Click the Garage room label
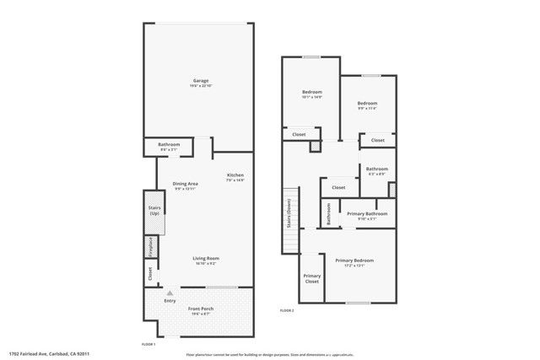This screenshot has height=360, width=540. pos(199,81)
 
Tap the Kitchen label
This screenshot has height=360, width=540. pos(235,175)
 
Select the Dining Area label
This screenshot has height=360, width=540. pos(185,183)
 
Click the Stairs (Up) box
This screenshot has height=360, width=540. pos(154,210)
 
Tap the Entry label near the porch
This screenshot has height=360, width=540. pos(170,300)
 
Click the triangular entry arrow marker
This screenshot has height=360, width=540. pos(170,291)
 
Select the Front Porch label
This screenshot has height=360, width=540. pos(200,309)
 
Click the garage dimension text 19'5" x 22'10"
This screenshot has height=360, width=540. pos(199,86)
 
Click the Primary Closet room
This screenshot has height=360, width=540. pos(311,278)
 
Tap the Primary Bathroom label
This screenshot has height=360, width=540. pos(367,213)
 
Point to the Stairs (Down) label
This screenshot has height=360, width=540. pos(289,217)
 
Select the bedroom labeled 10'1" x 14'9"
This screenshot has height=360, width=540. pos(312,93)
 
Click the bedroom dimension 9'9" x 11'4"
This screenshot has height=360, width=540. pos(366,108)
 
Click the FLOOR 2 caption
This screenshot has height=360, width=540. pos(288,311)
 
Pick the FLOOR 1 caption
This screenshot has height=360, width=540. pos(148,344)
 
